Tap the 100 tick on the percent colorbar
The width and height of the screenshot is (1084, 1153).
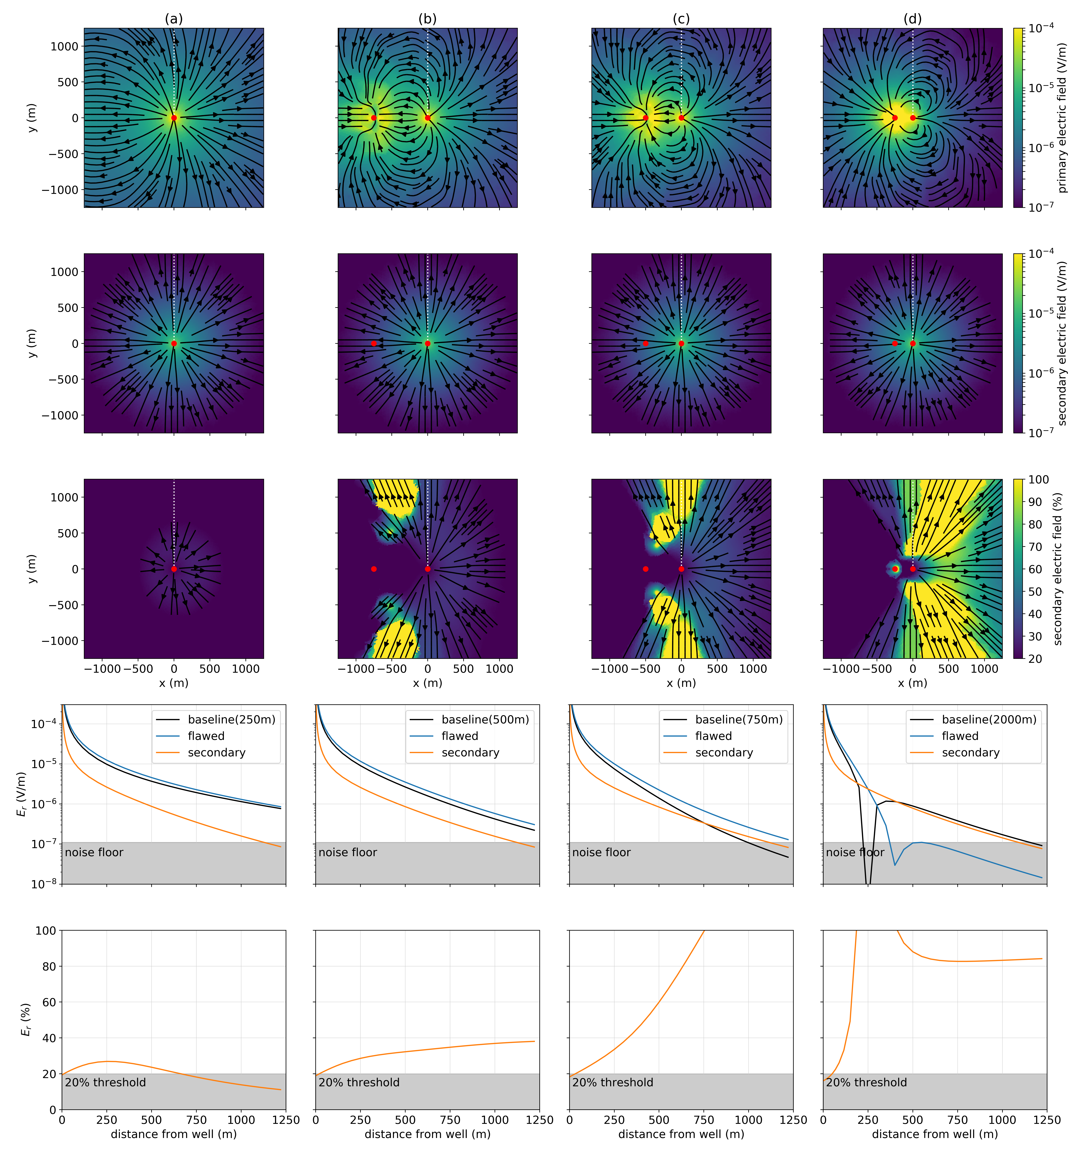click(x=1038, y=480)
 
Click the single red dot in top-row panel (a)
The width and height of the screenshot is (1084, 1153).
click(x=174, y=118)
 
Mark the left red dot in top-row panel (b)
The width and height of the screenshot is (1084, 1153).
click(x=373, y=118)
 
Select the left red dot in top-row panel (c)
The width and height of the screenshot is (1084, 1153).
click(x=645, y=118)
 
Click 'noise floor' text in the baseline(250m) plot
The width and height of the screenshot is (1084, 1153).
click(x=94, y=853)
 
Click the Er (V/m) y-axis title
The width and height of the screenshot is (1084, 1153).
click(x=21, y=794)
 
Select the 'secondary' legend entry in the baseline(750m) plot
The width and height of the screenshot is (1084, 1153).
click(x=724, y=753)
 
